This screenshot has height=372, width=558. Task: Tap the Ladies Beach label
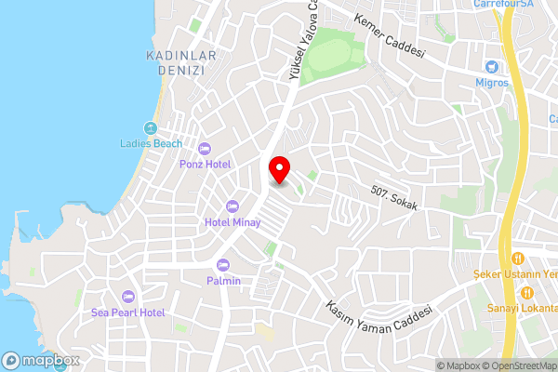coord(152,143)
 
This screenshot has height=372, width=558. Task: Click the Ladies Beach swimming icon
coord(152,127)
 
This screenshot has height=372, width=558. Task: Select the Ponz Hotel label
coord(205,164)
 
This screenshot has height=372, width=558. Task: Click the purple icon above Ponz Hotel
coord(205,148)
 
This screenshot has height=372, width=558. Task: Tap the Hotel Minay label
coord(232,222)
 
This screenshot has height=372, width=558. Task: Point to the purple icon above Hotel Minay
coord(232,206)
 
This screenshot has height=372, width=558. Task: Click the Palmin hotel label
coord(223,281)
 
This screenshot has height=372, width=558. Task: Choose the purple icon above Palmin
coord(223,264)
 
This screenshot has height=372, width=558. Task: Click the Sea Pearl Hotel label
coord(128,312)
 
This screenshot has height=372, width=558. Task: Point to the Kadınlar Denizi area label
coord(181,65)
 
